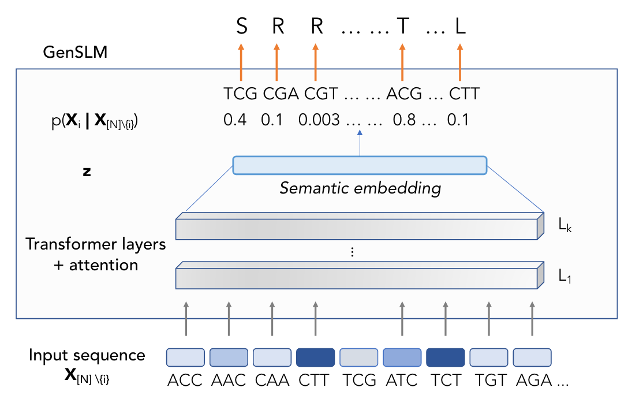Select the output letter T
tap(402, 27)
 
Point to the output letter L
tap(460, 27)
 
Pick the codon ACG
tap(404, 93)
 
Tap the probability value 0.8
tap(404, 120)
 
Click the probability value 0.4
tap(235, 120)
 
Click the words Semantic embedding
tap(360, 188)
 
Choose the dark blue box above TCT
tap(446, 357)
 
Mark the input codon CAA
tap(272, 381)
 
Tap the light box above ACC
tap(186, 357)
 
